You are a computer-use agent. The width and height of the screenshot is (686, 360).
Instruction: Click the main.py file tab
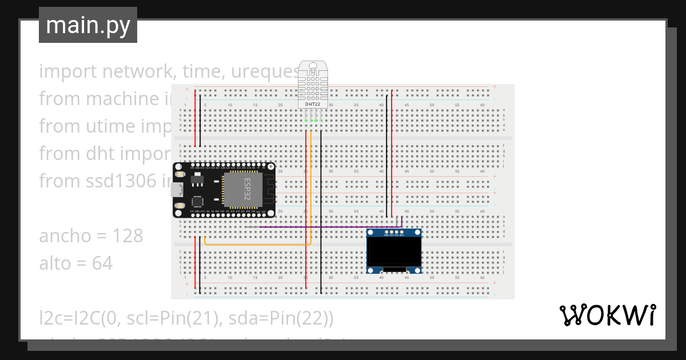[87, 26]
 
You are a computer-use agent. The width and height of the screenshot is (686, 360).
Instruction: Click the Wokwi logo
[607, 315]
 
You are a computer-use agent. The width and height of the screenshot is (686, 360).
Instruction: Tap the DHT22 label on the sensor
[313, 103]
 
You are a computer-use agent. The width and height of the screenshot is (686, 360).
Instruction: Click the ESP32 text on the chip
[248, 189]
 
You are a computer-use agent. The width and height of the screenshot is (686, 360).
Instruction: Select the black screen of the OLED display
[393, 253]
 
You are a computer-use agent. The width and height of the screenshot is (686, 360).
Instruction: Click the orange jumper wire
[257, 245]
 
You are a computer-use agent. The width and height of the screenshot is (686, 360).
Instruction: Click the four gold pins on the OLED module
[394, 232]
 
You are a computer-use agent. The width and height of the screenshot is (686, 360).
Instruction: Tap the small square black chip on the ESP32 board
[197, 202]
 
